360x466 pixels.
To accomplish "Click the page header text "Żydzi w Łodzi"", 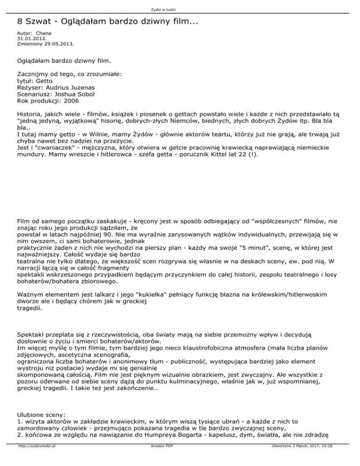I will pos(180,10).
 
